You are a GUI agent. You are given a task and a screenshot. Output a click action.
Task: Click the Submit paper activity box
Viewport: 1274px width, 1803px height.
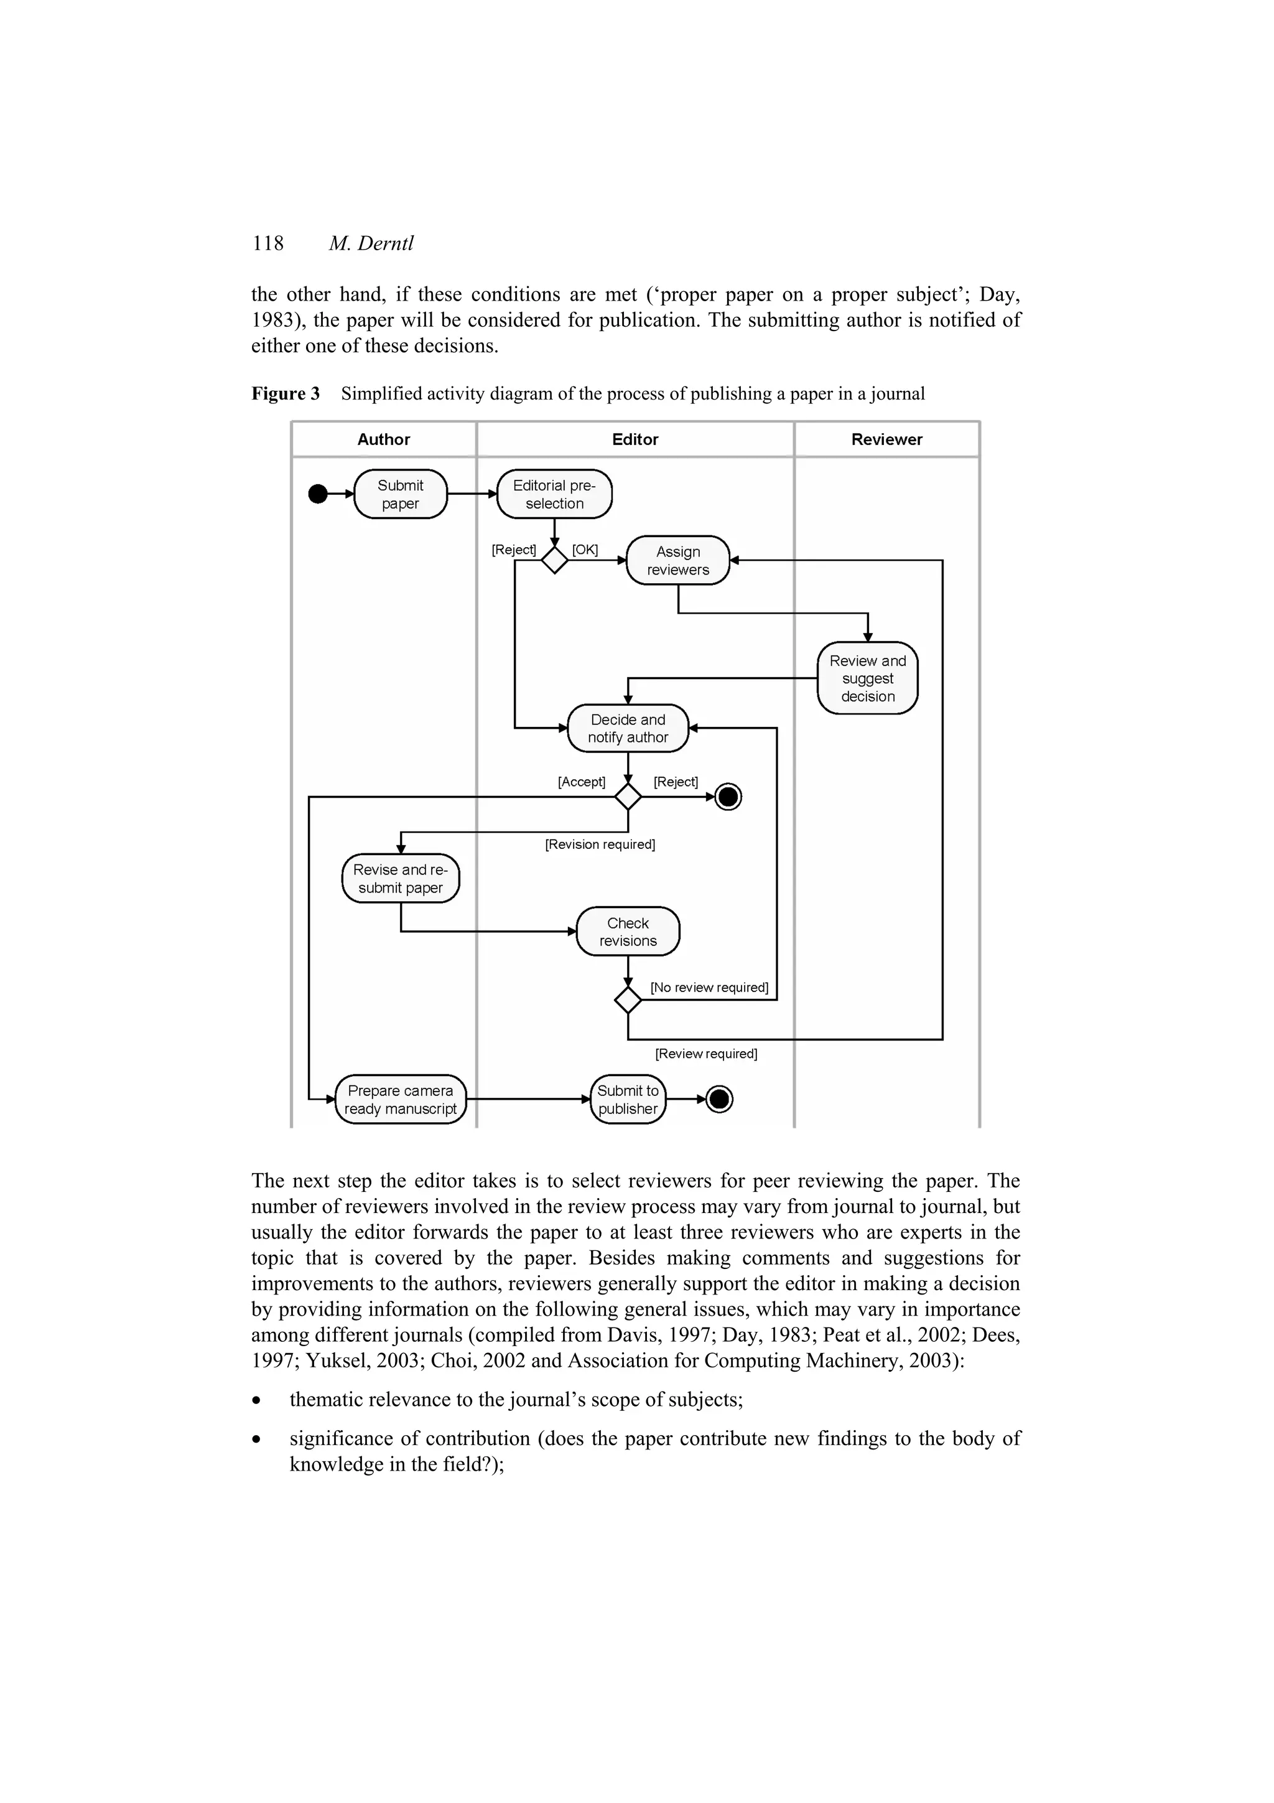[x=401, y=494]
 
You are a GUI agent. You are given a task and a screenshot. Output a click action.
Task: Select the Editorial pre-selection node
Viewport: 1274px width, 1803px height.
[x=554, y=494]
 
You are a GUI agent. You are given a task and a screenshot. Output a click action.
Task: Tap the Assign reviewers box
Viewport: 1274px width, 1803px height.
[x=677, y=561]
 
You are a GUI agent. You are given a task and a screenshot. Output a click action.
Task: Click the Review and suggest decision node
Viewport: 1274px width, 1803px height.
[x=867, y=678]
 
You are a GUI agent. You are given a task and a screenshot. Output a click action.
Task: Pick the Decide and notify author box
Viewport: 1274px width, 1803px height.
[x=627, y=728]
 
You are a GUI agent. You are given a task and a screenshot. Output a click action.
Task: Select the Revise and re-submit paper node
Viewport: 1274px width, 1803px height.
[x=401, y=878]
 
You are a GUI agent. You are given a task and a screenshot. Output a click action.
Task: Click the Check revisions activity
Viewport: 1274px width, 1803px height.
[x=627, y=931]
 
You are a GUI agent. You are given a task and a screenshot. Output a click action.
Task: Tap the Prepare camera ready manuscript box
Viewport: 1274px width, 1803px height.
[x=401, y=1099]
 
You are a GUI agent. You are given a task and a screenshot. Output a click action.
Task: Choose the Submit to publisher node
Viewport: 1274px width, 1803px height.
[x=627, y=1099]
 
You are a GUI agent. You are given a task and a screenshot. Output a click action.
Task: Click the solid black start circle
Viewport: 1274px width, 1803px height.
[x=318, y=494]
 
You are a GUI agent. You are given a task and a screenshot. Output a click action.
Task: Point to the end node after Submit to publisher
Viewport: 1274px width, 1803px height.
[x=719, y=1099]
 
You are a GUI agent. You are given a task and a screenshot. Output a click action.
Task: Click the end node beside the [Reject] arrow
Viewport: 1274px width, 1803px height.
[x=728, y=797]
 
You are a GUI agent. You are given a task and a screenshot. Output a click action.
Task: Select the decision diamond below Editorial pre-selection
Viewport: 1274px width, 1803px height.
[x=554, y=561]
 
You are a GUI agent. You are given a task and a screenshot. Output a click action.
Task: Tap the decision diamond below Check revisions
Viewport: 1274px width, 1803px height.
[x=627, y=1000]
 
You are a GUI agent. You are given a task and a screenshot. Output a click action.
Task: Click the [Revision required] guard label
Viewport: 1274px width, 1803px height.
[x=600, y=844]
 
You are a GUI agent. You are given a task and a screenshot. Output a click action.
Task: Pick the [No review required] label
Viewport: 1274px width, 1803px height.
[x=709, y=987]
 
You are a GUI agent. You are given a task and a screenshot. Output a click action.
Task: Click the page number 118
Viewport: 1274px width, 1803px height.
[x=267, y=243]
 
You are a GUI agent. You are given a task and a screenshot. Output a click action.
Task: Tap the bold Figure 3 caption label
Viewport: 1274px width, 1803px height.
[x=286, y=393]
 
